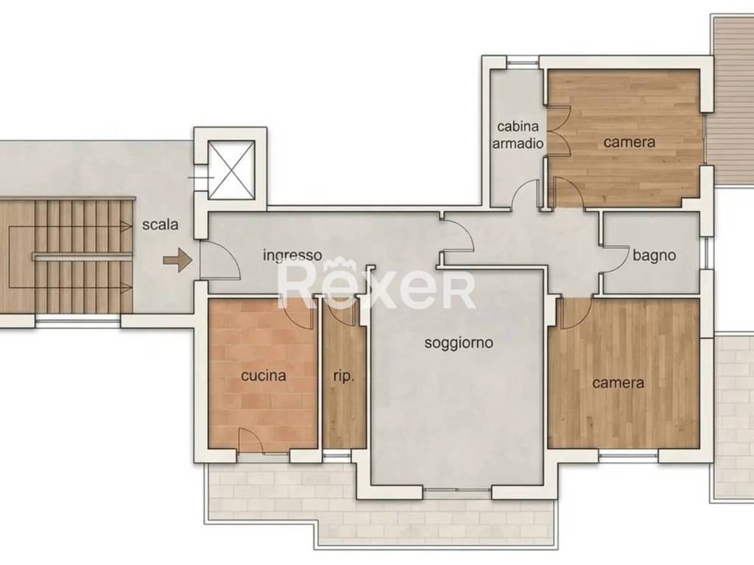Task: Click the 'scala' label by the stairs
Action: tap(160, 224)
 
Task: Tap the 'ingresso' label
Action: tap(292, 255)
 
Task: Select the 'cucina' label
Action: tap(264, 375)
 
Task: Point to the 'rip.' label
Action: tap(344, 376)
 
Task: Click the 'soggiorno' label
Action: tap(459, 343)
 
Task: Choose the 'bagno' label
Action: tap(654, 255)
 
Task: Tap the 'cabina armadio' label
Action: tap(518, 135)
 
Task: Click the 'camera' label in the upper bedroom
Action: tap(629, 142)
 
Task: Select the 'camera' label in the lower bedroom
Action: tap(618, 383)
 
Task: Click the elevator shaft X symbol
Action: tap(230, 170)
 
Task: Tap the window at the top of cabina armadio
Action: tap(524, 62)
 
